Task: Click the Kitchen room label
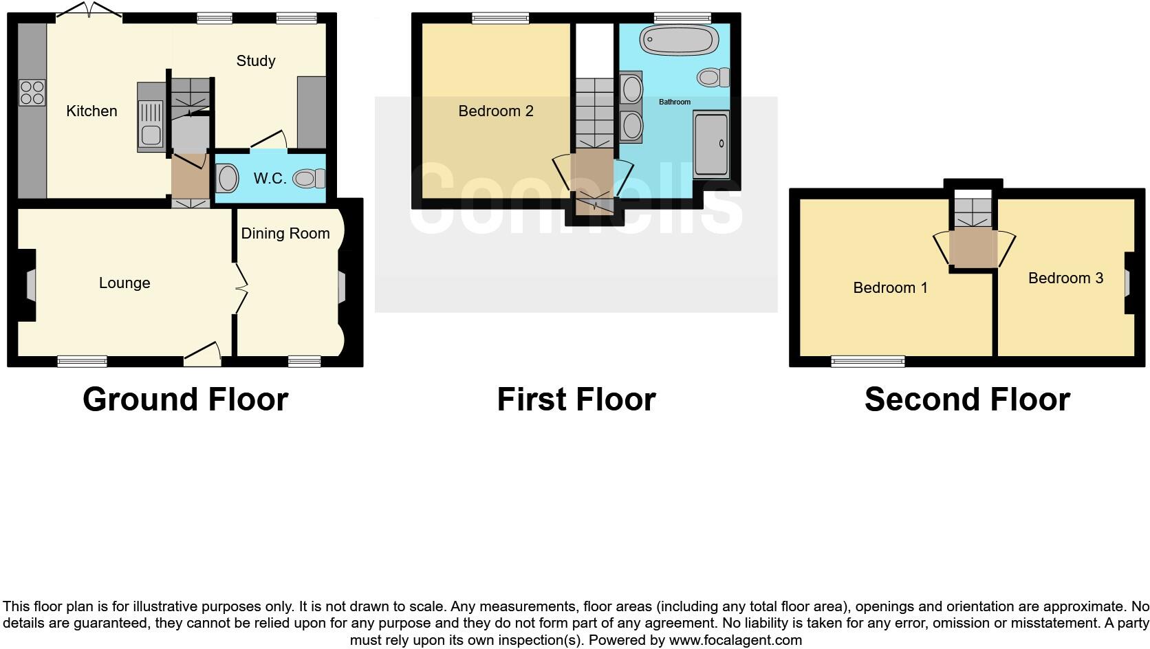coord(91,111)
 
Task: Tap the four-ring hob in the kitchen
coord(32,93)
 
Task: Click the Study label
coord(256,61)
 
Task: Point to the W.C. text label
coord(270,179)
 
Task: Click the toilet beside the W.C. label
coord(310,179)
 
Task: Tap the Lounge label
coord(124,283)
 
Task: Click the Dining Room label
coord(285,234)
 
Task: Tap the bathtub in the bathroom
coord(675,41)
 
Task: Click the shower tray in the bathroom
coord(711,145)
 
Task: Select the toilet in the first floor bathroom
coord(713,77)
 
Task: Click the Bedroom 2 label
coord(496,111)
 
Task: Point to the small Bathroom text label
coord(675,102)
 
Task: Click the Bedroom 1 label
coord(890,288)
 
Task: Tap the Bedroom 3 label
coord(1065,278)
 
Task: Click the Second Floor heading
coord(967,399)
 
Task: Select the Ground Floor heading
coord(185,399)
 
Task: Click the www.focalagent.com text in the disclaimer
coord(735,640)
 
